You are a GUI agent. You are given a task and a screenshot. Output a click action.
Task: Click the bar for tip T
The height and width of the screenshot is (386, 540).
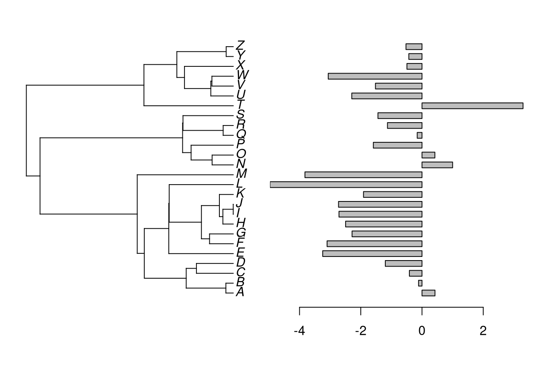click(472, 106)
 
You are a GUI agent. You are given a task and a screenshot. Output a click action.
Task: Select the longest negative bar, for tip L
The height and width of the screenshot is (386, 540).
click(346, 185)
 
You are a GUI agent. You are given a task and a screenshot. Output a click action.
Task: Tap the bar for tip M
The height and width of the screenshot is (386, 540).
click(363, 175)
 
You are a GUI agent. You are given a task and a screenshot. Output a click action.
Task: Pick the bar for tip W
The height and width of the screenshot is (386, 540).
click(375, 76)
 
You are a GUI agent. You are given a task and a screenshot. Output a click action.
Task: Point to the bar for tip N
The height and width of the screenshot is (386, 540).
click(437, 165)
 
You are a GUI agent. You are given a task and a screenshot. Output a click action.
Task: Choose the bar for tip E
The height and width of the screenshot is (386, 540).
click(372, 254)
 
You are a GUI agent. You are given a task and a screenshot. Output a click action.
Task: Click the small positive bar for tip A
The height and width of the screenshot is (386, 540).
click(428, 293)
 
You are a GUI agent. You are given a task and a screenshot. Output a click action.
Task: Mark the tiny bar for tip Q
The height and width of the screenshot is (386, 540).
click(419, 135)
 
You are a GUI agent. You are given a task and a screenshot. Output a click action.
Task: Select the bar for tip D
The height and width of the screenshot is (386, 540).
click(403, 263)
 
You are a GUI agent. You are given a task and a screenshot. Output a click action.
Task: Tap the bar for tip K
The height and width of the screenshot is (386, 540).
click(393, 194)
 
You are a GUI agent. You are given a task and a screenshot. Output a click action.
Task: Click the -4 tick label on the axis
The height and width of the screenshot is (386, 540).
click(299, 331)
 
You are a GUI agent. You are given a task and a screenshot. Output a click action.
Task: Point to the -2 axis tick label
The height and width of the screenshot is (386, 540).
click(360, 331)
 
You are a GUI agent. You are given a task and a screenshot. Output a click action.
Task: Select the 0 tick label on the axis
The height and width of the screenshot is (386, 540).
click(422, 331)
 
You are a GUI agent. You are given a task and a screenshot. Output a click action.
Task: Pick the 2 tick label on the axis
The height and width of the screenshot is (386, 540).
click(483, 331)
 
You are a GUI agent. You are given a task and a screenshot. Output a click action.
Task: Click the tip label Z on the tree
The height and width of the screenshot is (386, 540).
click(241, 45)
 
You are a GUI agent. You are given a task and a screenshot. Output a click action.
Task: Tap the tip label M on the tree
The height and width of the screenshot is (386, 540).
click(241, 174)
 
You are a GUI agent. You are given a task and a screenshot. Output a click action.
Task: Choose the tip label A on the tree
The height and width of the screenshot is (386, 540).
click(240, 292)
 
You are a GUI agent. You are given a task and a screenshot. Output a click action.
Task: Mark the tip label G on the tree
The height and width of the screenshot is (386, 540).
click(241, 233)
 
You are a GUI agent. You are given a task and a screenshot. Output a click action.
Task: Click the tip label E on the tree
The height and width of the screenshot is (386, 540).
click(240, 253)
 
